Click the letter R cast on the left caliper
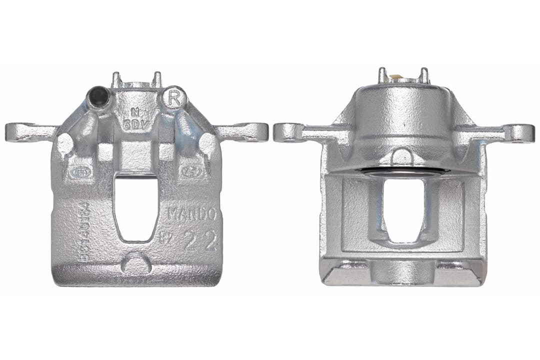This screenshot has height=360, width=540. [173, 98]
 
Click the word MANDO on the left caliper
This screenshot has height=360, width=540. [191, 214]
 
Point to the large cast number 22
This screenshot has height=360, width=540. [200, 241]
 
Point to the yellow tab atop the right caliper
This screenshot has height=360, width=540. [396, 77]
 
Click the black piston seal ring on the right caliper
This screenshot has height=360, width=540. [403, 171]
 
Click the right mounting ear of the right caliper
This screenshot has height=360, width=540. [515, 133]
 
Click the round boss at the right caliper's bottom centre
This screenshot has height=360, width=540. [403, 272]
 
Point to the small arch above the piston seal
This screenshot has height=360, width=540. [403, 157]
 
